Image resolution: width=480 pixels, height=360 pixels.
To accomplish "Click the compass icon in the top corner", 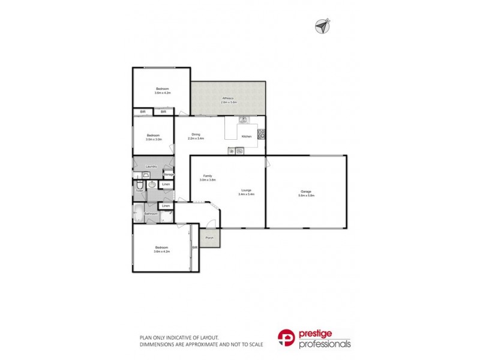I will point(322,25).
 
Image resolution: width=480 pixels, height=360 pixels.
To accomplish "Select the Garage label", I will point(306,191).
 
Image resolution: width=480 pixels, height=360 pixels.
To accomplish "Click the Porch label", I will point(209,238).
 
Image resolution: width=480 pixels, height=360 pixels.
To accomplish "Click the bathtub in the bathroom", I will point(138,212).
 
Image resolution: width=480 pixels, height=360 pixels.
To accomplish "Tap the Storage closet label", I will point(169,175).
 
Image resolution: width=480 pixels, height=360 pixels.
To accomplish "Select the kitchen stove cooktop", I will point(261,135).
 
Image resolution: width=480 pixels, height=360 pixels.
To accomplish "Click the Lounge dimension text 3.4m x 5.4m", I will point(247,194).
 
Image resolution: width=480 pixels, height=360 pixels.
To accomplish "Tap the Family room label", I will point(208,176).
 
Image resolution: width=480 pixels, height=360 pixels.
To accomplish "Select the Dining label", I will point(196,134).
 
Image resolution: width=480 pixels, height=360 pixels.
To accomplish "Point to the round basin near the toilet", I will point(152,184).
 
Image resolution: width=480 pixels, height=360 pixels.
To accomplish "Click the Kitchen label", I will point(246,137).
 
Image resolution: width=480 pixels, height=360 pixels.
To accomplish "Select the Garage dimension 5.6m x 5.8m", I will point(306,196).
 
